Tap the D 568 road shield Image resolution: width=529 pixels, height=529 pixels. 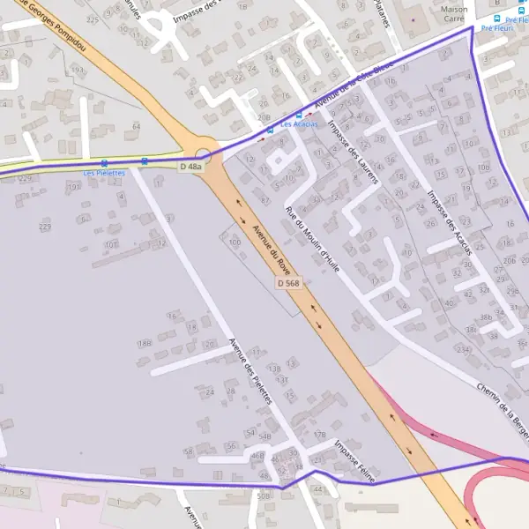pyautogui.click(x=288, y=283)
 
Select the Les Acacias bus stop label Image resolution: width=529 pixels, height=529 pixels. pyautogui.click(x=299, y=124)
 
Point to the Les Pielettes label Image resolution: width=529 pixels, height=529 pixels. pyautogui.click(x=104, y=173)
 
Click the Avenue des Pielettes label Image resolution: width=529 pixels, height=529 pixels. pyautogui.click(x=250, y=371)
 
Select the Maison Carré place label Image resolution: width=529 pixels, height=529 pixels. pyautogui.click(x=453, y=12)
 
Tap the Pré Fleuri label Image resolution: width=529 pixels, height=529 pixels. pyautogui.click(x=499, y=27)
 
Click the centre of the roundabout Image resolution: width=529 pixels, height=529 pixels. pyautogui.click(x=203, y=146)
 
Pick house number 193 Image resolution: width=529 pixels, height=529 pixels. pyautogui.click(x=78, y=70)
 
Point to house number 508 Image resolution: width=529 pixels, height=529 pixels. pyautogui.click(x=263, y=496)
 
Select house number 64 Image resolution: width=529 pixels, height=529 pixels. pyautogui.click(x=136, y=127)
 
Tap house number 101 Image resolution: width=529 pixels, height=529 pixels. pyautogui.click(x=110, y=244)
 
